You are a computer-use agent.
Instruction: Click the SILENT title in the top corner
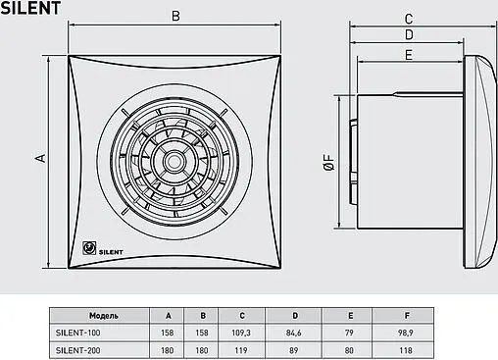point(30,8)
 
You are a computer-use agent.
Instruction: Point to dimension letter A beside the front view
point(41,158)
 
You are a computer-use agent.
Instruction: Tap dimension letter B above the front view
point(175,16)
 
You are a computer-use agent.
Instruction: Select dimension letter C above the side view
point(409,19)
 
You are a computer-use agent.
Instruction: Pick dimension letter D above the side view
point(409,34)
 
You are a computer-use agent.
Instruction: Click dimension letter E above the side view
point(409,55)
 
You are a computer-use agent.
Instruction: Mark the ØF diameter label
point(328,162)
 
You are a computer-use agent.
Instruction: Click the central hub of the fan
point(174,162)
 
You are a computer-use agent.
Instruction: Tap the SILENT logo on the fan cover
point(103,249)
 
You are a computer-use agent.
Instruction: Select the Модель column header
point(104,316)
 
